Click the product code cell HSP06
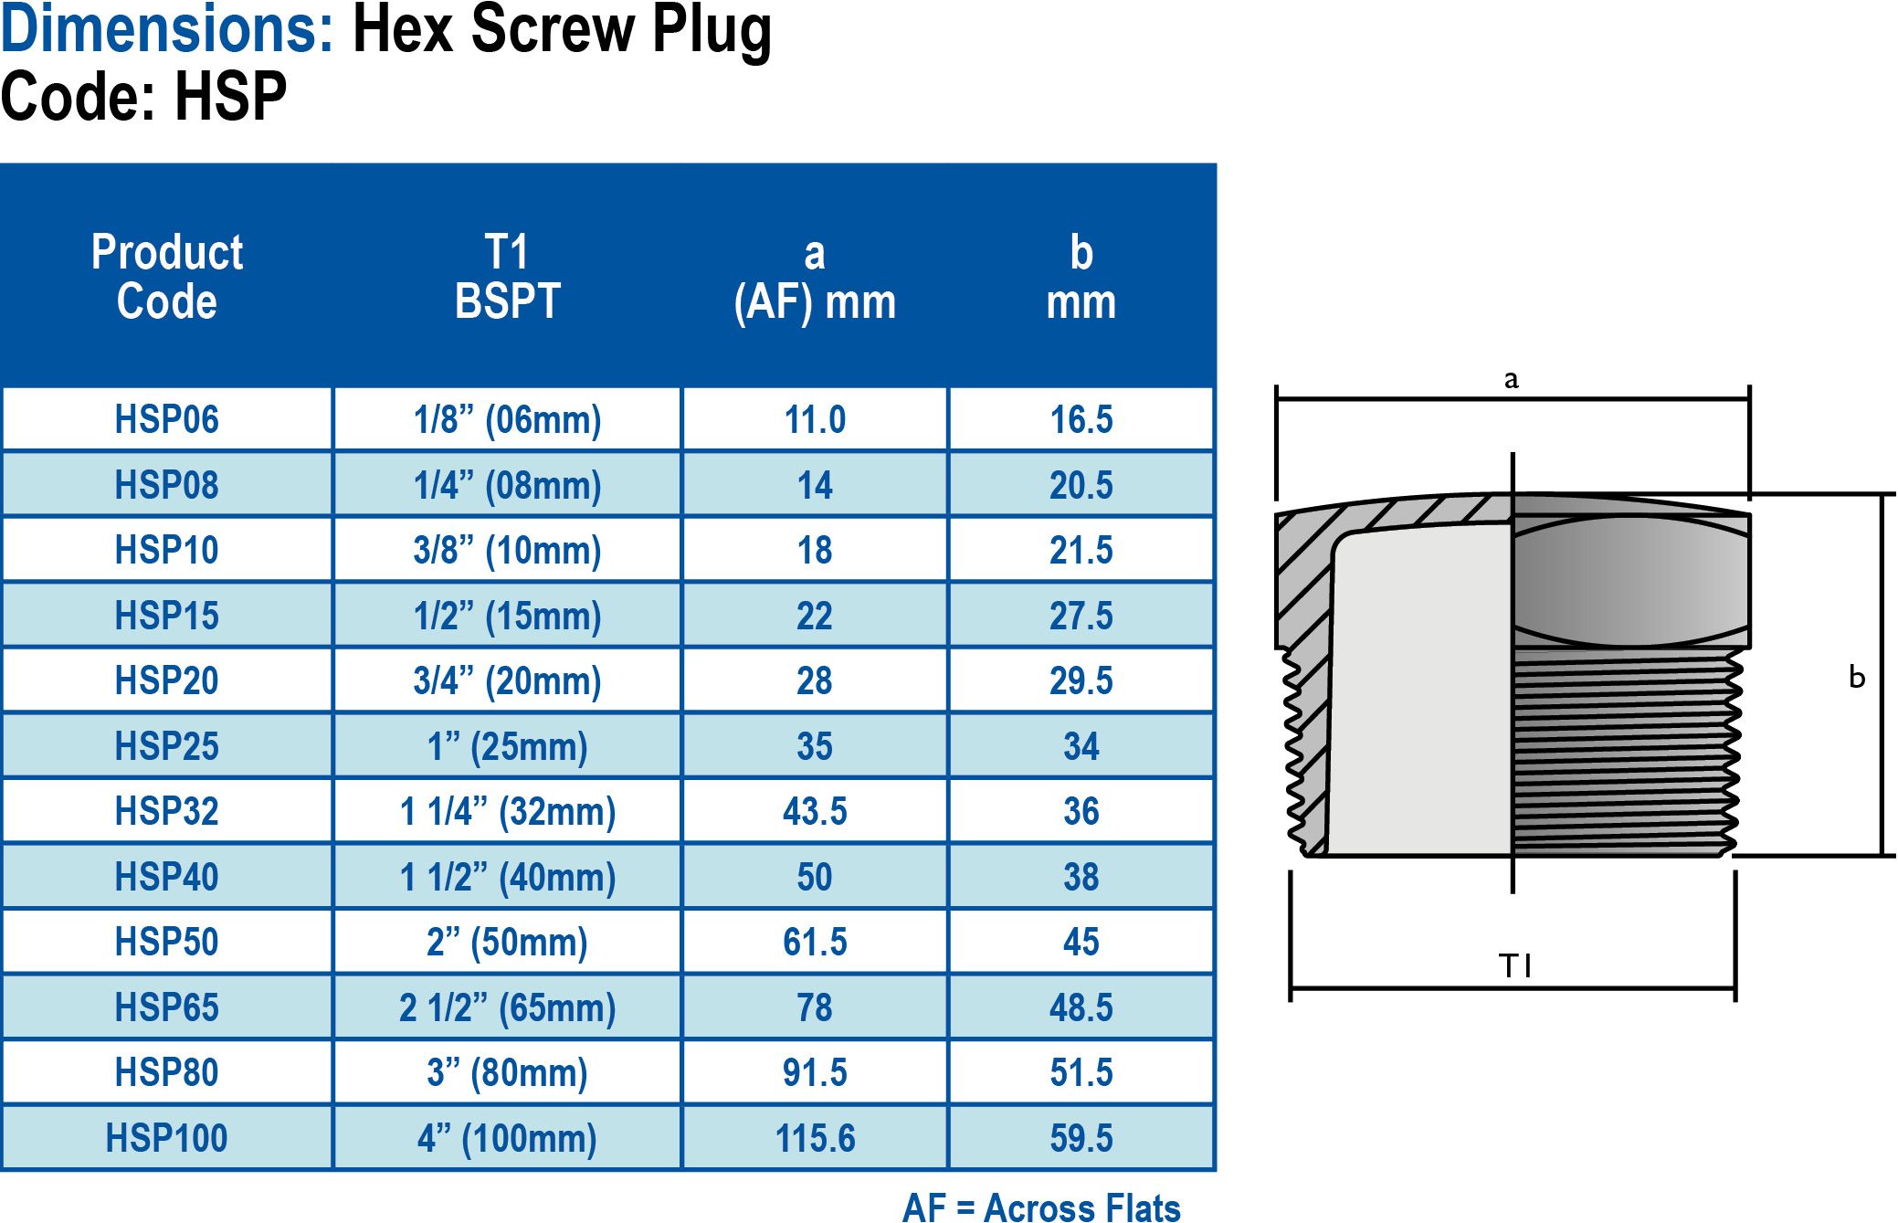pyautogui.click(x=166, y=419)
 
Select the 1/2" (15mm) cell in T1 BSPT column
pyautogui.click(x=507, y=616)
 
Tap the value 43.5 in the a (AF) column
pyautogui.click(x=815, y=811)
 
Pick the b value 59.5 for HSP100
pyautogui.click(x=1081, y=1138)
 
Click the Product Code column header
pyautogui.click(x=166, y=277)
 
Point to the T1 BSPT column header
pyautogui.click(x=507, y=277)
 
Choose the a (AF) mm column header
pyautogui.click(x=815, y=277)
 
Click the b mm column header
pyautogui.click(x=1081, y=277)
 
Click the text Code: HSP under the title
pyautogui.click(x=143, y=96)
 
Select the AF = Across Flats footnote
pyautogui.click(x=1040, y=1207)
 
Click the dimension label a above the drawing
pyautogui.click(x=1511, y=379)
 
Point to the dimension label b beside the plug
pyautogui.click(x=1856, y=677)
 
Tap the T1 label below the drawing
pyautogui.click(x=1514, y=965)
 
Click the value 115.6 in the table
pyautogui.click(x=815, y=1138)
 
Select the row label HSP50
pyautogui.click(x=166, y=942)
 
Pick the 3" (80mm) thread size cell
pyautogui.click(x=507, y=1072)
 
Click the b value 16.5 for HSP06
pyautogui.click(x=1081, y=419)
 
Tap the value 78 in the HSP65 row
pyautogui.click(x=815, y=1007)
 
